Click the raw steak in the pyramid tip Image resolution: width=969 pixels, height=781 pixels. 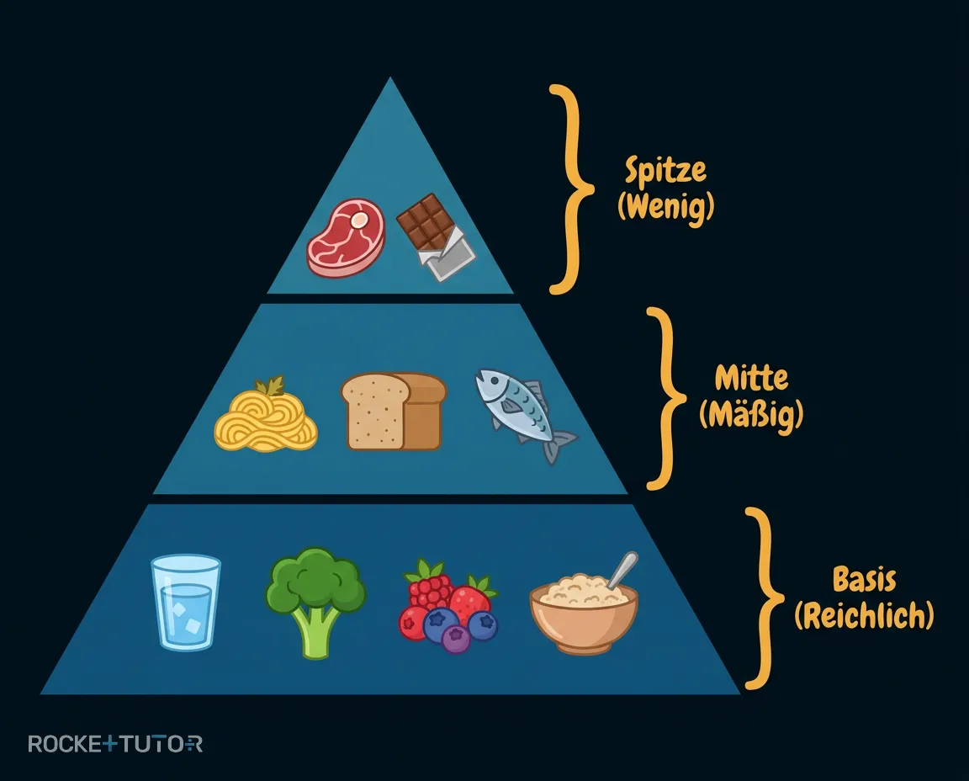pos(346,237)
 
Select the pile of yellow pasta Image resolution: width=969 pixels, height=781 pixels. pos(266,417)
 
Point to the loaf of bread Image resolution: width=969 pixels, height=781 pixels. pos(394,411)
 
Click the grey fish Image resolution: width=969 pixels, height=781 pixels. pos(524,414)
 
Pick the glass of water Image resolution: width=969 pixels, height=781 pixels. pos(186,602)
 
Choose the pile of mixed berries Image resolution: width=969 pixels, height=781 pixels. pos(448,607)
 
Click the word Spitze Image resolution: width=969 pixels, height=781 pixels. pos(665,170)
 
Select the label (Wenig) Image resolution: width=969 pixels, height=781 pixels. pos(666,206)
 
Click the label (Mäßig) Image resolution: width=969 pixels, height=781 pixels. pos(751,414)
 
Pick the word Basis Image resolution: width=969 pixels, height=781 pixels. pos(864,579)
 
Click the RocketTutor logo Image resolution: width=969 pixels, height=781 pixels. pos(115,743)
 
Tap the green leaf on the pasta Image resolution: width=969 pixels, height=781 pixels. pos(270,386)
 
